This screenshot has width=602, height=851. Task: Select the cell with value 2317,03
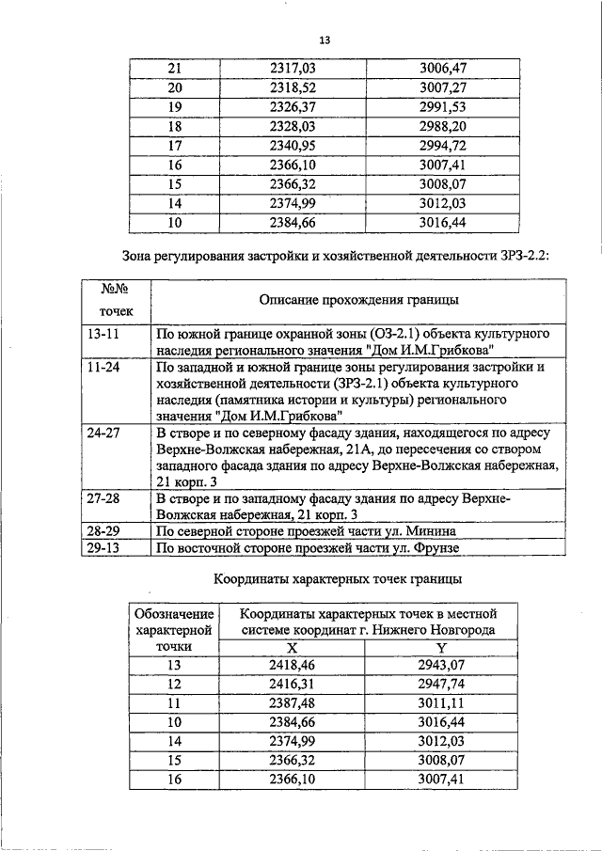292,69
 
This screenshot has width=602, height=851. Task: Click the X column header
292,648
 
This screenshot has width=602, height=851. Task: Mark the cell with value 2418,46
292,666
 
